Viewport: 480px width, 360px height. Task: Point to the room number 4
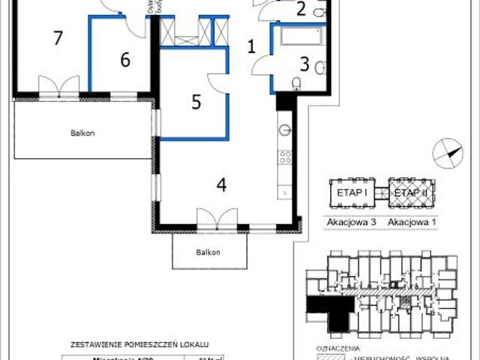click(222, 184)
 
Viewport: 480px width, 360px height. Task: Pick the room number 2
click(301, 10)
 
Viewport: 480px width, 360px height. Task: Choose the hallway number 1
click(252, 46)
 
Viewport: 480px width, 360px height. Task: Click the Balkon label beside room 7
click(82, 133)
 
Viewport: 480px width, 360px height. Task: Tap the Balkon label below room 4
click(209, 252)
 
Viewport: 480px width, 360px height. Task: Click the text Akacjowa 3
click(349, 221)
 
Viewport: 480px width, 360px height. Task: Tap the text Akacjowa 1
click(411, 221)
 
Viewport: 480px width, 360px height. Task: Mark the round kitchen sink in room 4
click(285, 130)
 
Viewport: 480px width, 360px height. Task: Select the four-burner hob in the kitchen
click(286, 158)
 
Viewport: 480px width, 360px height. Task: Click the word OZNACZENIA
click(339, 349)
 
